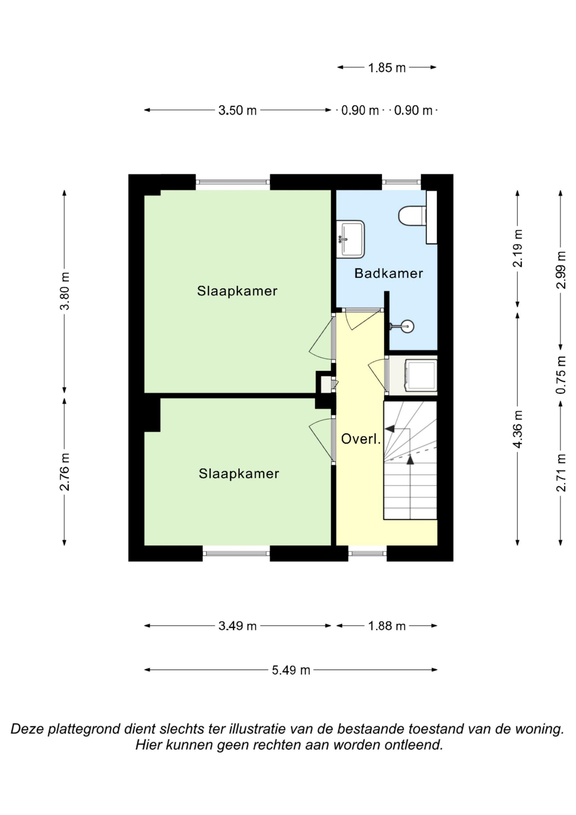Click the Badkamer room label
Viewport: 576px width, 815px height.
(389, 273)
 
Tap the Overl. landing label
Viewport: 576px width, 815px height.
(361, 439)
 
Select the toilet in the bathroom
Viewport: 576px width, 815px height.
(412, 215)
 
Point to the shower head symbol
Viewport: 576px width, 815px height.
(403, 326)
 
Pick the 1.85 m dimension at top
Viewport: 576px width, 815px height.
(386, 67)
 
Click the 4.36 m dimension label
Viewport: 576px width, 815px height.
(518, 429)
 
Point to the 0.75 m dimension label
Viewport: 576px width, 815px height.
(561, 375)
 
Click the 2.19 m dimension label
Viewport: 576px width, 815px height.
(518, 248)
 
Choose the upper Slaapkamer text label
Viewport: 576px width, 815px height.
(237, 291)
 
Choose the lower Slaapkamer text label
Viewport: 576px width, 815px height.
(239, 474)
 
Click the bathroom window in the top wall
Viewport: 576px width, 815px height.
(401, 182)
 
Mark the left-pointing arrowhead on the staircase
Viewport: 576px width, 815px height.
(390, 428)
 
